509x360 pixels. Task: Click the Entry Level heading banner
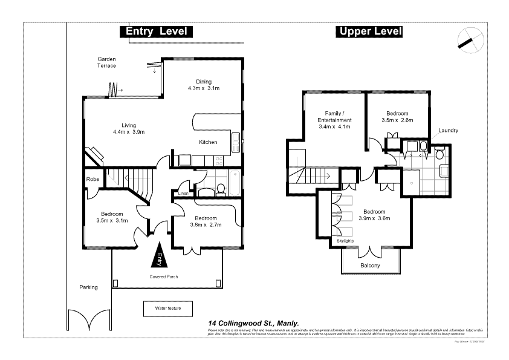[x=156, y=32]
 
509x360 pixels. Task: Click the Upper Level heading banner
[x=369, y=32]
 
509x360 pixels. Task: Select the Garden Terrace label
[x=107, y=62]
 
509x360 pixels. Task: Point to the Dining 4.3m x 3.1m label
[x=203, y=85]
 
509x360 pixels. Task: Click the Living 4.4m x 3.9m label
[x=129, y=128]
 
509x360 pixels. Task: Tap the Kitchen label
[x=208, y=142]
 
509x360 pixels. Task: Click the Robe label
[x=92, y=179]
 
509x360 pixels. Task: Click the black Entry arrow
[x=160, y=255]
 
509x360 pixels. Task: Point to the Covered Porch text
[x=164, y=277]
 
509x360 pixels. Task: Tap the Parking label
[x=88, y=287]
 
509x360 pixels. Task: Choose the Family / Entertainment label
[x=334, y=117]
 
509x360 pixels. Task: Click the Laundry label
[x=449, y=130]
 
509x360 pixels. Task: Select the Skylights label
[x=345, y=241]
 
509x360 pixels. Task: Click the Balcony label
[x=370, y=266]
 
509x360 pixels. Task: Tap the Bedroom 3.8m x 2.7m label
[x=206, y=221]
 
